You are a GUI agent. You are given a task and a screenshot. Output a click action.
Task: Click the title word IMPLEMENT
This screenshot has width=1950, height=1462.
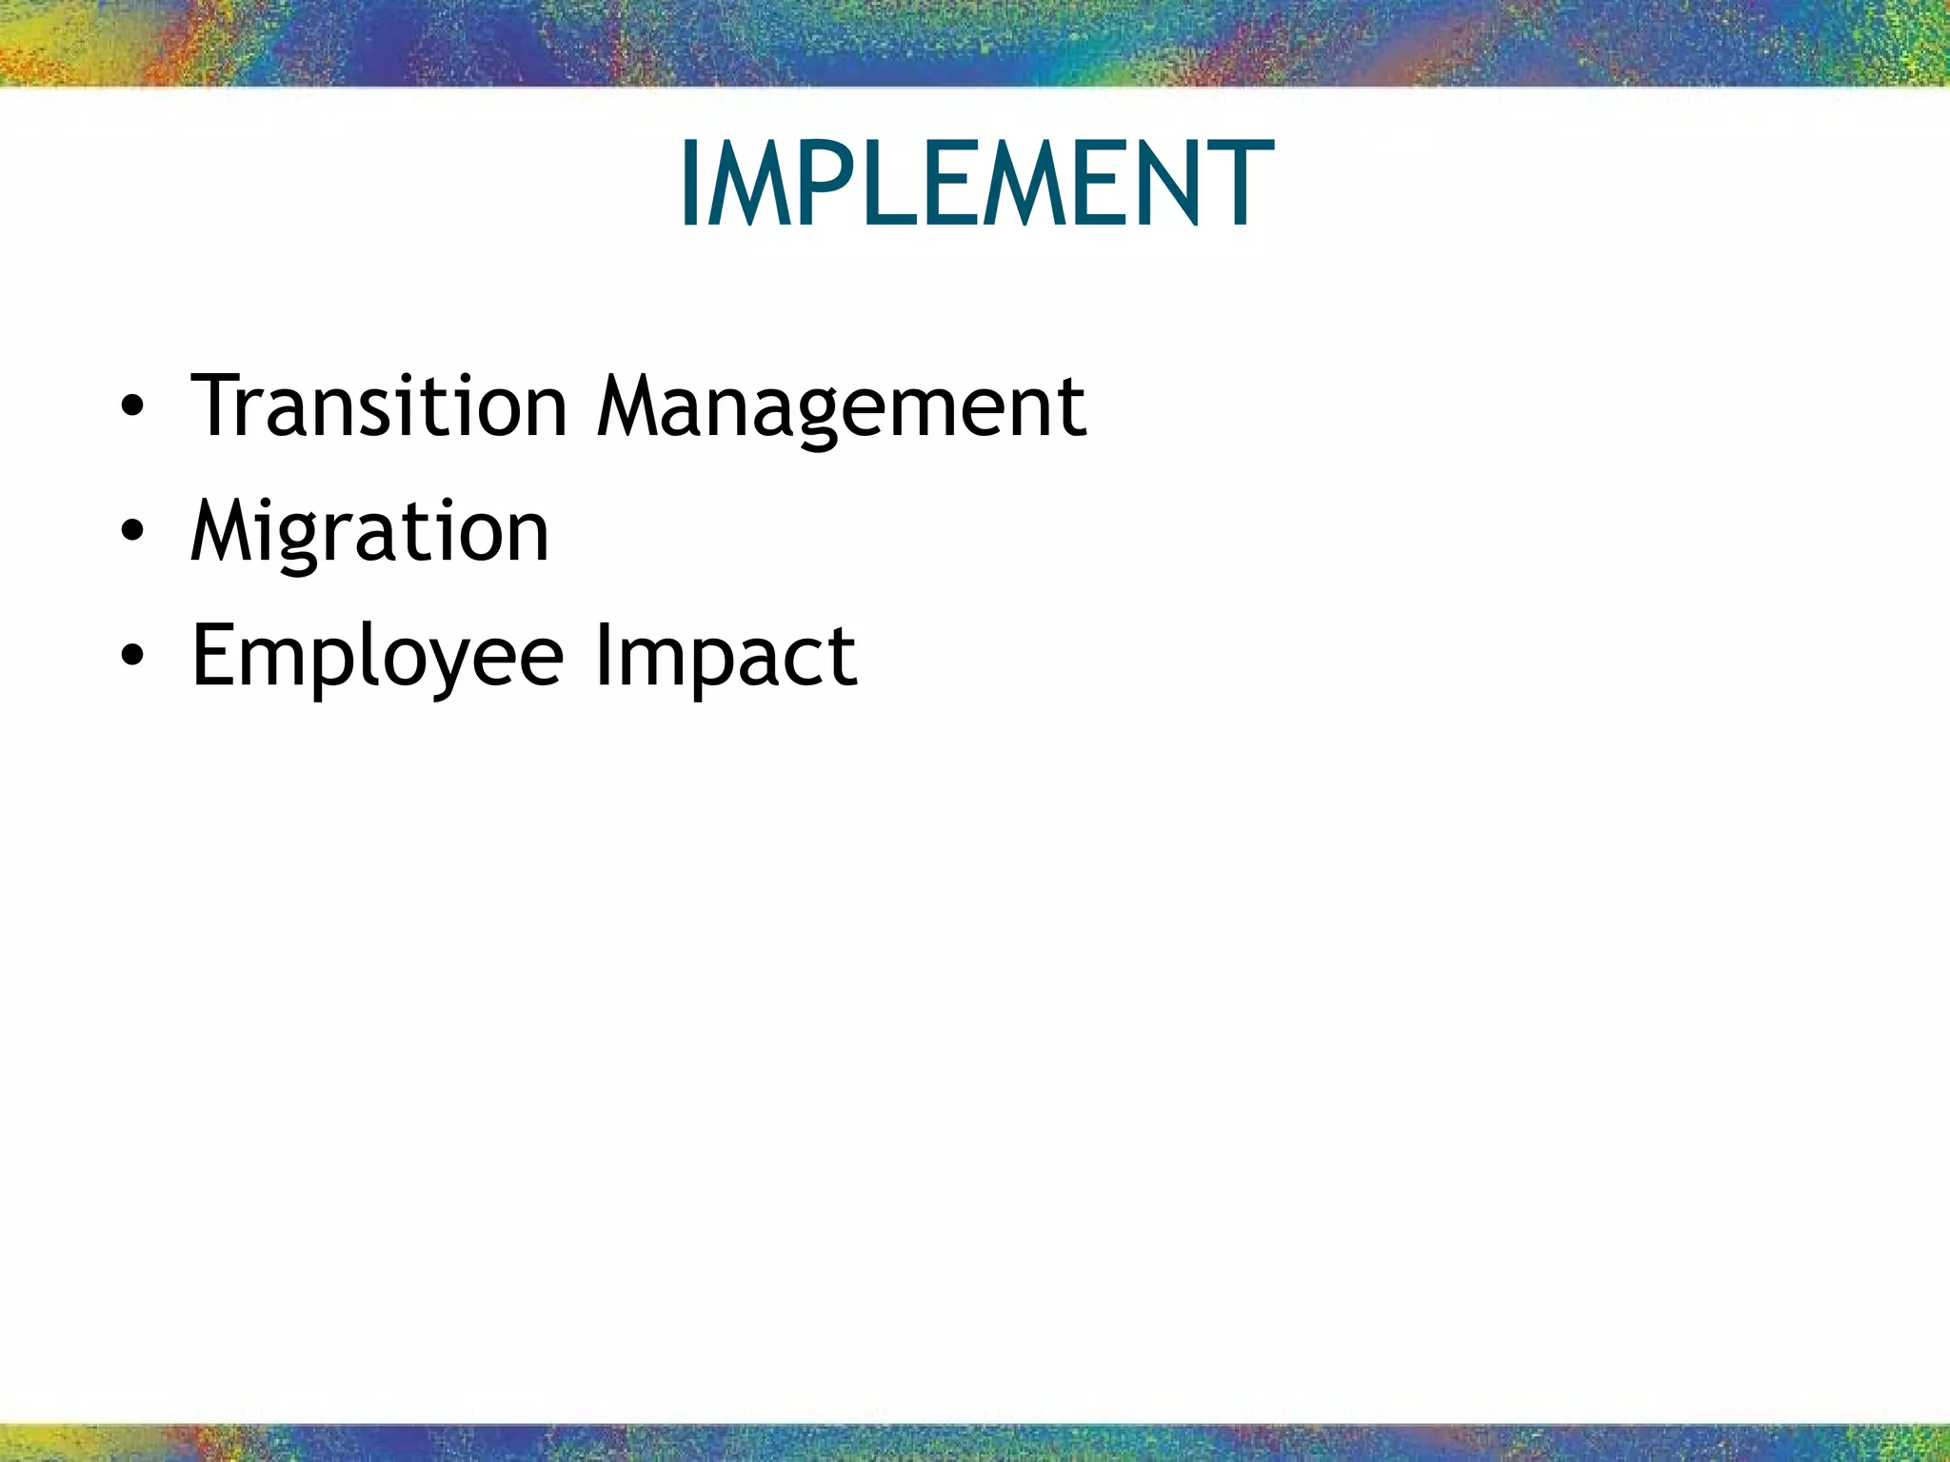pyautogui.click(x=976, y=184)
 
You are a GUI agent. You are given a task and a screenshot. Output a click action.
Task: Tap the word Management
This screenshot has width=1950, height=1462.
pyautogui.click(x=842, y=407)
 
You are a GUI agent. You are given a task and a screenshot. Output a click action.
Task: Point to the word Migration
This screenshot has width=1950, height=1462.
pyautogui.click(x=369, y=531)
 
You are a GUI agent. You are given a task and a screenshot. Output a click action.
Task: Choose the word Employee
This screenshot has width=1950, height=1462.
pyautogui.click(x=378, y=657)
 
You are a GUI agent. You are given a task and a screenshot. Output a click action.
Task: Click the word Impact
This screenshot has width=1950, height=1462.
pyautogui.click(x=726, y=657)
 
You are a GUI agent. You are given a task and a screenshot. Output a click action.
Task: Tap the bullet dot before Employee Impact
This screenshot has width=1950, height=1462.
pyautogui.click(x=133, y=658)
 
